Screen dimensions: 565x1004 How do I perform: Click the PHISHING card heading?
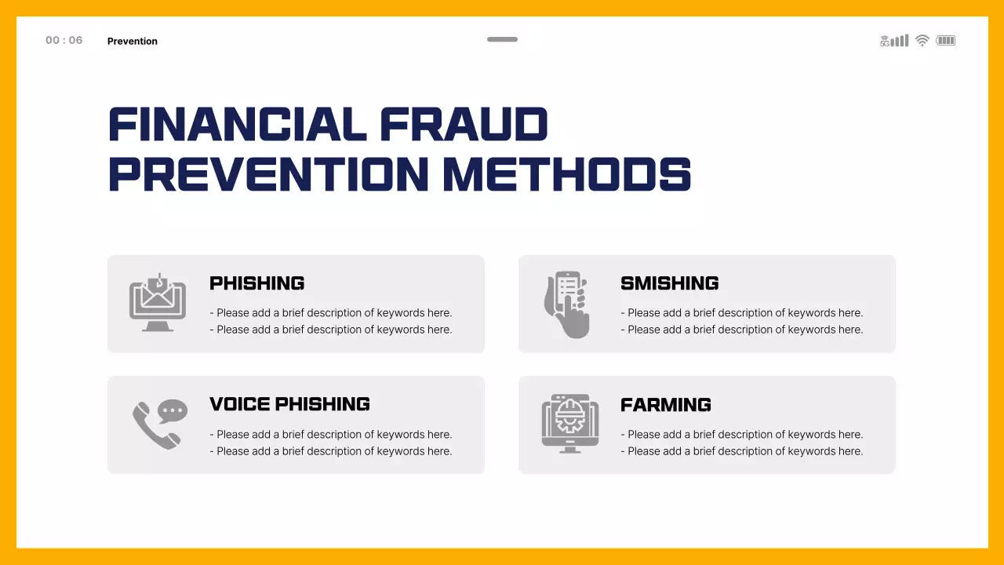tap(256, 283)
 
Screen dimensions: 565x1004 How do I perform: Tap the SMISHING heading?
tap(669, 283)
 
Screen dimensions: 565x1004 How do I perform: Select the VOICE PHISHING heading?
tap(289, 404)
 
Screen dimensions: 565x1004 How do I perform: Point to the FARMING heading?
tap(665, 405)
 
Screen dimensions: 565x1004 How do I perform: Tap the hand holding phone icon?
tap(567, 304)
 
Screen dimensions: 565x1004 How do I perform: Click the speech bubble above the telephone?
tap(173, 410)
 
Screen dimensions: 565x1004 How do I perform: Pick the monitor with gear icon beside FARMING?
tap(569, 423)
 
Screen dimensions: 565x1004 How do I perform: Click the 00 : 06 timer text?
tap(64, 41)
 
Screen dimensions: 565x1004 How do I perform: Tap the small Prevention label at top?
tap(132, 41)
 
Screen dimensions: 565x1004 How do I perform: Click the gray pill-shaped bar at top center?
tap(502, 39)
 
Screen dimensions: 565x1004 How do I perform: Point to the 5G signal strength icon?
tap(894, 41)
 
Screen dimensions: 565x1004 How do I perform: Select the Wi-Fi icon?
tap(922, 41)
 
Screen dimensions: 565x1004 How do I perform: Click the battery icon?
tap(946, 41)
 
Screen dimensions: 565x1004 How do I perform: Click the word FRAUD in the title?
tap(464, 125)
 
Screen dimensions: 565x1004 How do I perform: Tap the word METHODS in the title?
tap(566, 174)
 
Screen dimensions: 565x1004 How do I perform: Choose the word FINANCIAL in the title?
tap(237, 125)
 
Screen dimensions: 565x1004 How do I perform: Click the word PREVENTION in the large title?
tap(268, 174)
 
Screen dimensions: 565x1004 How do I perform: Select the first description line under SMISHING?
tap(742, 313)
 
